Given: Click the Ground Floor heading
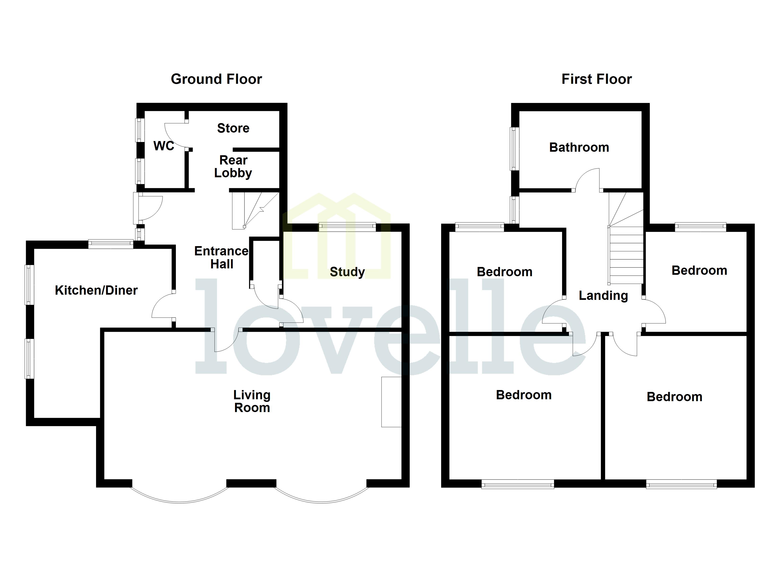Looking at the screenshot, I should (216, 79).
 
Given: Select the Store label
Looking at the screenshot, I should (233, 128).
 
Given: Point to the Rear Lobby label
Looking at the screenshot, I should (233, 166).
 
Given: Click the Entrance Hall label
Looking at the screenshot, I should (222, 257).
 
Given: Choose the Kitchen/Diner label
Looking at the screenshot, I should (96, 290).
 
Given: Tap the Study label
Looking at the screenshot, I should (347, 272).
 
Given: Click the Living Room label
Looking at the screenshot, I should (252, 401).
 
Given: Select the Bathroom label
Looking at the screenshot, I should (579, 147).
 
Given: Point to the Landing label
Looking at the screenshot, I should (603, 296).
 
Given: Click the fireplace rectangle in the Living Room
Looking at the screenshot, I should (391, 402).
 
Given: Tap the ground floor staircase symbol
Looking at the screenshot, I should (255, 210).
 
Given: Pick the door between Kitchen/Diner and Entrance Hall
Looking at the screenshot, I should (163, 306).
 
